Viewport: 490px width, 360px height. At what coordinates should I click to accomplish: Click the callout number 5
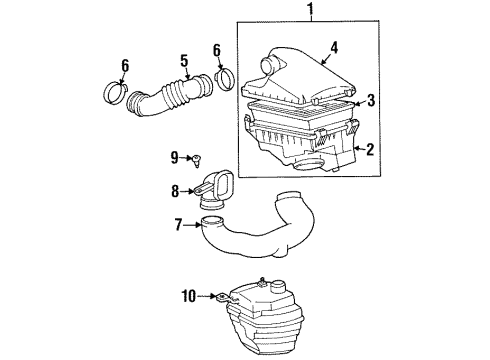click(184, 62)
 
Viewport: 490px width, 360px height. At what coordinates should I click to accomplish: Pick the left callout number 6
click(126, 65)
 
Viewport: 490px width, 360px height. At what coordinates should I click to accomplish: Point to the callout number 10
click(188, 296)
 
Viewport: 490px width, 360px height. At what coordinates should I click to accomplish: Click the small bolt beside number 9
click(199, 157)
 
